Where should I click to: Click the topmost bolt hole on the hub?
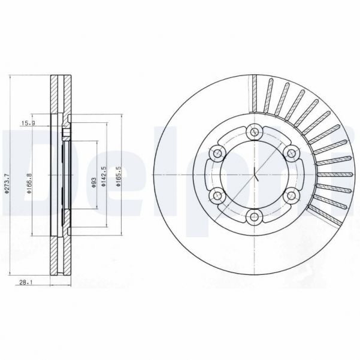pyautogui.click(x=255, y=131)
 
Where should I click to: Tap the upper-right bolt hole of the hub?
pyautogui.click(x=292, y=152)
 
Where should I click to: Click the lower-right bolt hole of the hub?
pyautogui.click(x=292, y=195)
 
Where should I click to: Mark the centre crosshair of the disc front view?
pyautogui.click(x=255, y=174)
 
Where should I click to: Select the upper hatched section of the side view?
pyautogui.click(x=58, y=96)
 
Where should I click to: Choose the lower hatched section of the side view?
pyautogui.click(x=58, y=258)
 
